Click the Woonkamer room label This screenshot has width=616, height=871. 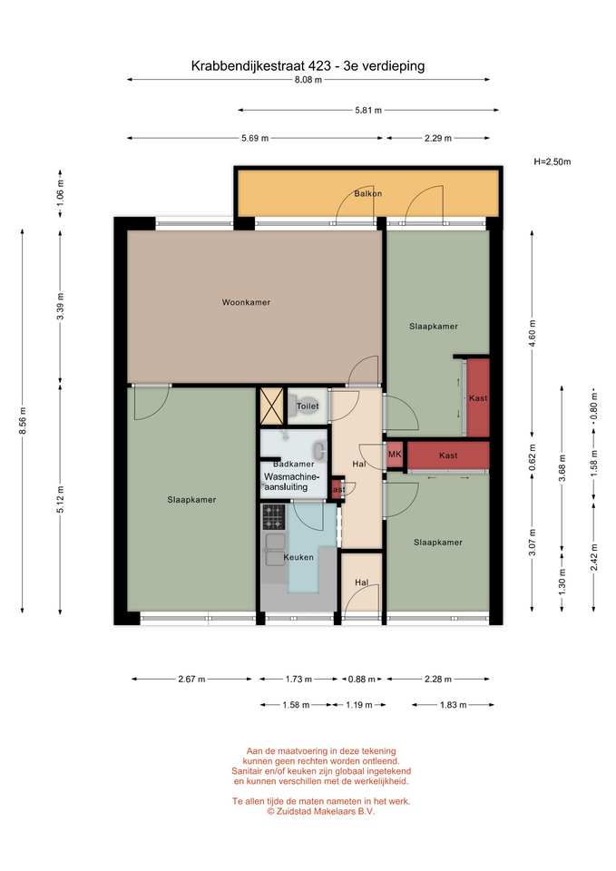tap(246, 302)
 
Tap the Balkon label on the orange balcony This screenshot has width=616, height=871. tap(368, 194)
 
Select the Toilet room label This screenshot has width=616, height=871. tap(308, 406)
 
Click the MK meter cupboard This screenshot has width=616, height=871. tap(395, 455)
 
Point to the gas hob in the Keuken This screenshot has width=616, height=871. tap(273, 516)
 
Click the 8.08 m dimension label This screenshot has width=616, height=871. tap(308, 80)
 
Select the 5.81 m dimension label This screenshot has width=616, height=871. tap(368, 110)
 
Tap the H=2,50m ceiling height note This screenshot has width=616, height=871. tap(552, 162)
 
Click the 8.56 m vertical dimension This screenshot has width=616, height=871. tap(23, 420)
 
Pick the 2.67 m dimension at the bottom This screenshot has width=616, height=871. tap(191, 679)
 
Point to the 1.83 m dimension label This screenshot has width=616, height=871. tap(454, 705)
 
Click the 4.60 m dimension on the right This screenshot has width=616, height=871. tap(533, 334)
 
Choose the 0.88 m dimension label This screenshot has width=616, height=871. tap(362, 679)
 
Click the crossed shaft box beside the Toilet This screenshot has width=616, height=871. tap(272, 406)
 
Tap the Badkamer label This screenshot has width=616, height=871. tap(293, 464)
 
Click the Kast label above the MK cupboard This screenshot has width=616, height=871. tap(478, 397)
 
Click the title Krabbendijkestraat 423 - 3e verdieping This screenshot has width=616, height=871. tap(308, 66)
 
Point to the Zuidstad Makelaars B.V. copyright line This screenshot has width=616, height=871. tap(320, 811)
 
